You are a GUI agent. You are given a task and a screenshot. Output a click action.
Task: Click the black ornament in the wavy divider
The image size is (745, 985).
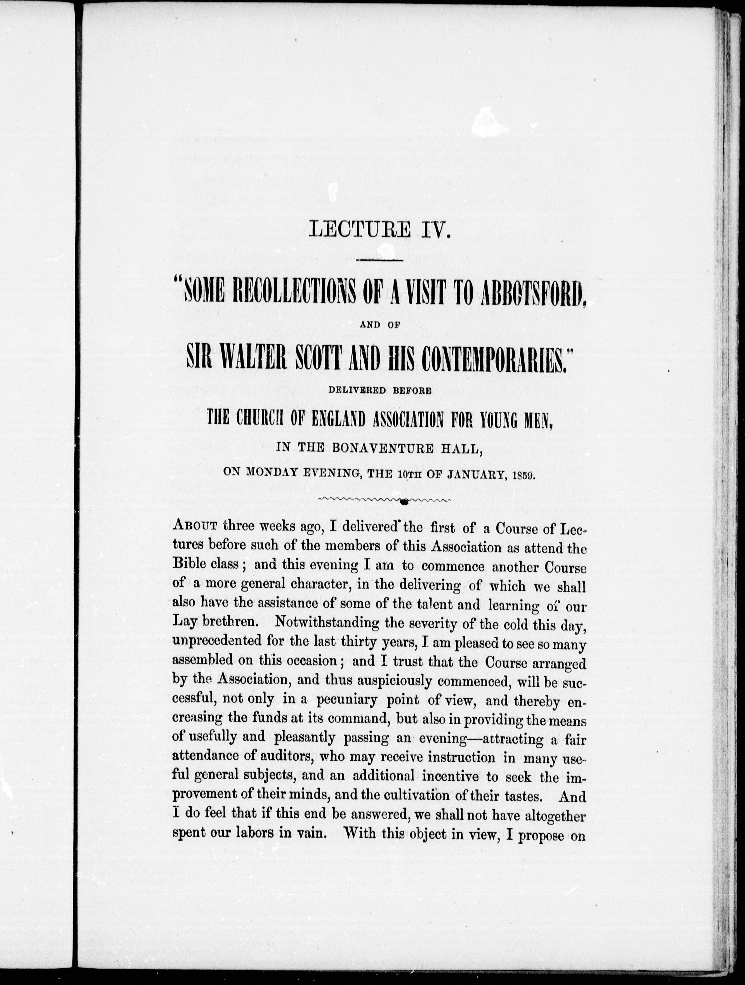click(x=403, y=502)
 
